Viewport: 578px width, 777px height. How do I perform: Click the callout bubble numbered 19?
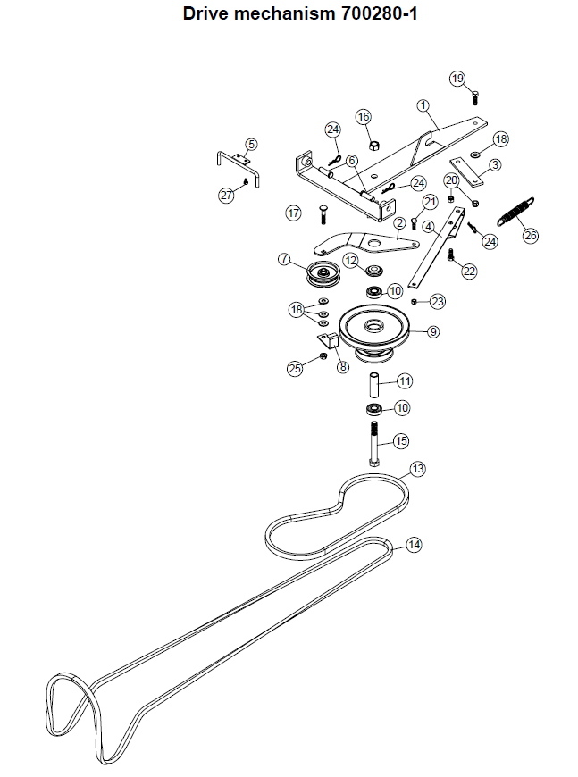pyautogui.click(x=458, y=79)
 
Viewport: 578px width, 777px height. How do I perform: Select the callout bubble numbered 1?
pyautogui.click(x=423, y=104)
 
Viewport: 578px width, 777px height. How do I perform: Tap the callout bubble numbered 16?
pyautogui.click(x=364, y=117)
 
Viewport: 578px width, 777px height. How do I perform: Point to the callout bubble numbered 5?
pyautogui.click(x=251, y=144)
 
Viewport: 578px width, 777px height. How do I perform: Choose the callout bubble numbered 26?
pyautogui.click(x=531, y=236)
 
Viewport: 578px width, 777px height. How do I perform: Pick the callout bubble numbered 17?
pyautogui.click(x=293, y=213)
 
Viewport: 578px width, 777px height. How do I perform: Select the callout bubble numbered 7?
pyautogui.click(x=284, y=259)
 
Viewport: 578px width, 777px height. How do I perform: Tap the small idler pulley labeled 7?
pyautogui.click(x=320, y=274)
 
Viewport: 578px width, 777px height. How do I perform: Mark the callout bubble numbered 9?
pyautogui.click(x=433, y=331)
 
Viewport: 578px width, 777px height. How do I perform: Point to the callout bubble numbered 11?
pyautogui.click(x=405, y=381)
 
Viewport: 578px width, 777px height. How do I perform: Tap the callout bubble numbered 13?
pyautogui.click(x=417, y=469)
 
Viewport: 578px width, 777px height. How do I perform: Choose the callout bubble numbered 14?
pyautogui.click(x=414, y=544)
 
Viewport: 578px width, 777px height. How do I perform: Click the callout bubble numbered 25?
pyautogui.click(x=295, y=367)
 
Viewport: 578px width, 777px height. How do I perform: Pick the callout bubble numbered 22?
pyautogui.click(x=469, y=272)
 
